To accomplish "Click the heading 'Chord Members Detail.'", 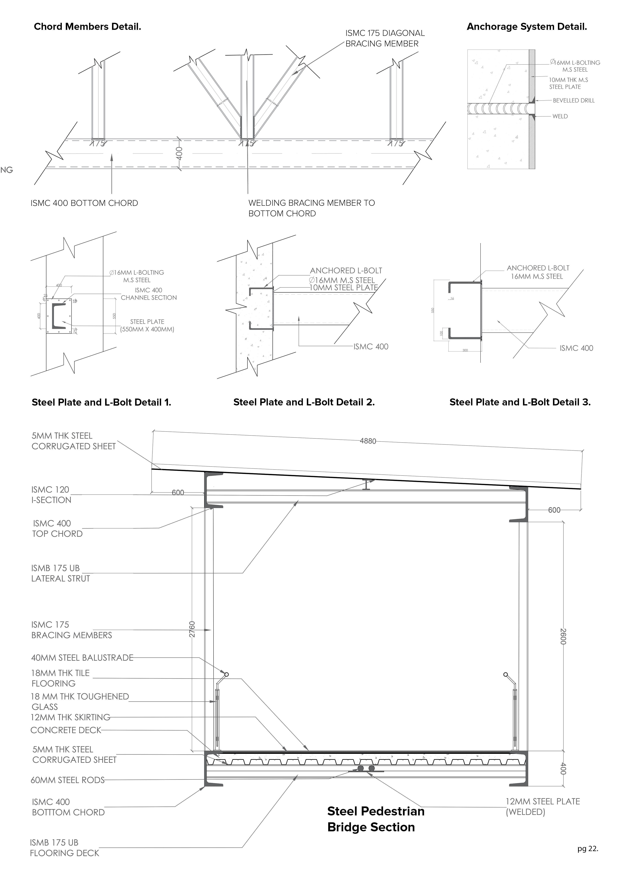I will click(87, 27).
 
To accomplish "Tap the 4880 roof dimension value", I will click(368, 441).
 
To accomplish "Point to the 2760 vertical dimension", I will click(192, 629).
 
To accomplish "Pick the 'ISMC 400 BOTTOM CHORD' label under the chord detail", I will click(84, 203).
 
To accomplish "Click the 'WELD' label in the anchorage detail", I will click(560, 116).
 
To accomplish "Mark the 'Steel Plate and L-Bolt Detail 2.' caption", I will click(304, 402).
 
